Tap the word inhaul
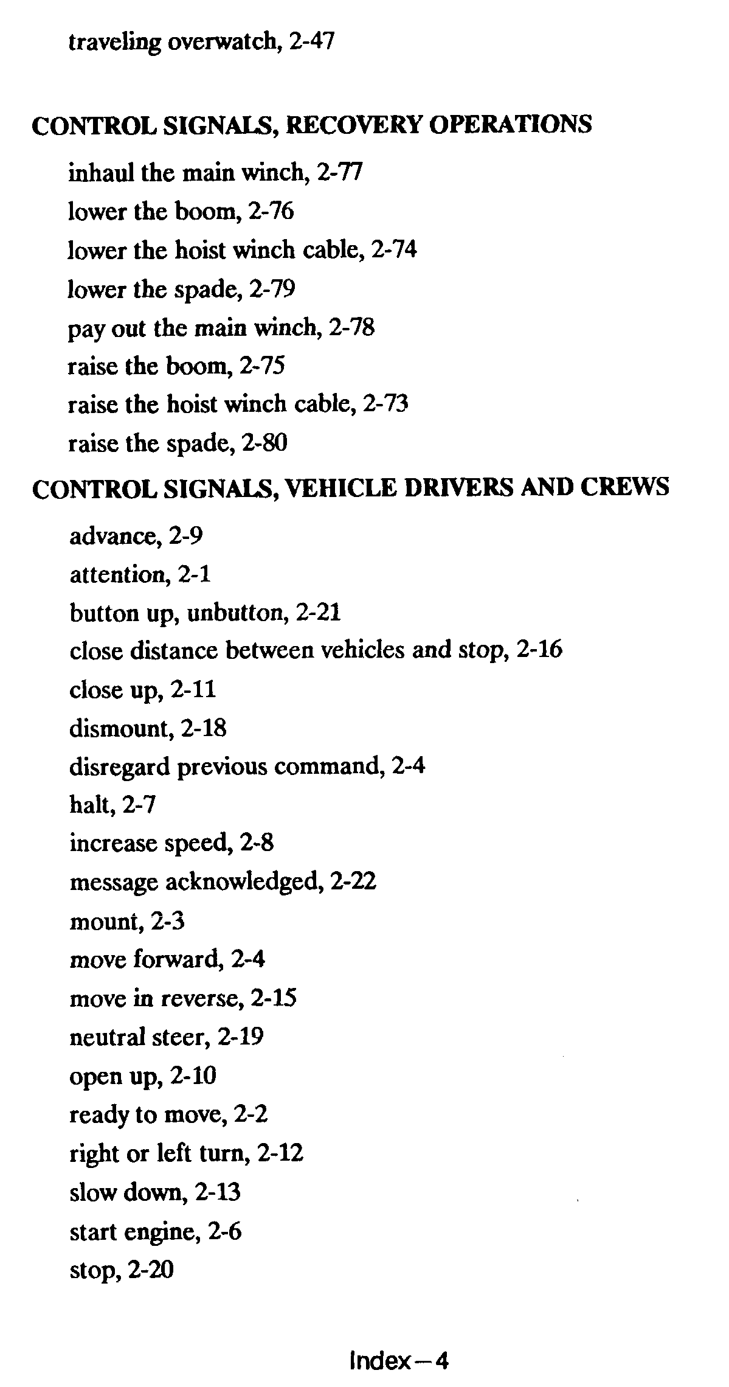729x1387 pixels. [101, 173]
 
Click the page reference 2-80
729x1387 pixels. [264, 443]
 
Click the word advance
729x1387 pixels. [111, 537]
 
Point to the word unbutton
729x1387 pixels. [237, 613]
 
